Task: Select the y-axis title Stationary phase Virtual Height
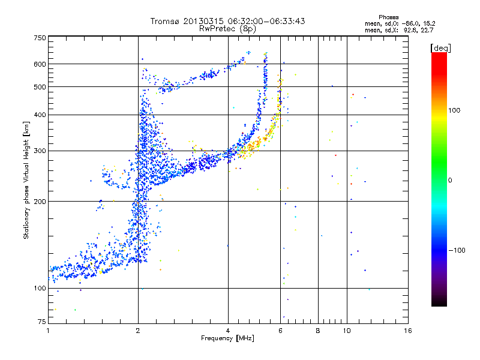point(26,180)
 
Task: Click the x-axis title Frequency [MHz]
point(227,338)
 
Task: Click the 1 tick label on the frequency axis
point(49,331)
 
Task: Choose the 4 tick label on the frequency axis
point(228,331)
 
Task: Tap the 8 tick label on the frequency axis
point(318,331)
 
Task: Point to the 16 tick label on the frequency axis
point(408,331)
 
